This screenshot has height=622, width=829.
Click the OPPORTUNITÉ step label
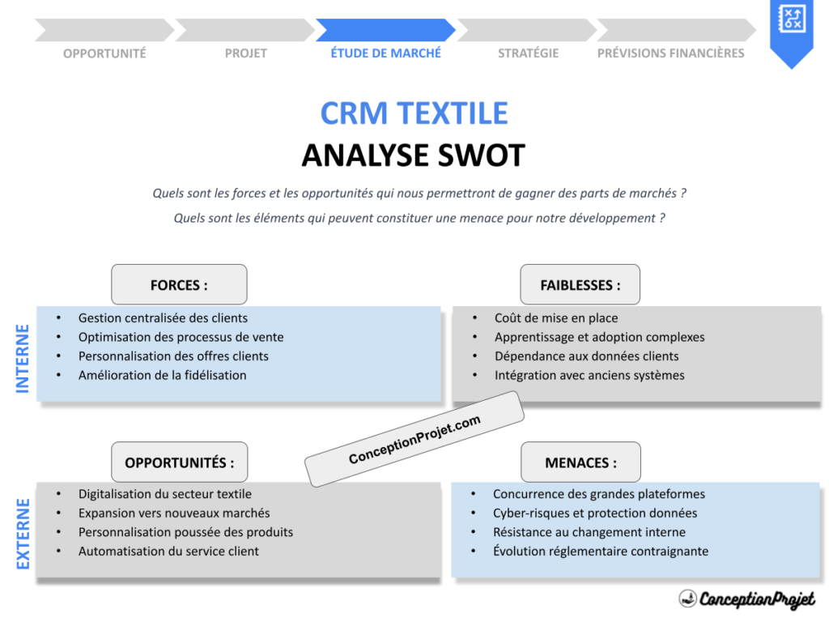pyautogui.click(x=104, y=53)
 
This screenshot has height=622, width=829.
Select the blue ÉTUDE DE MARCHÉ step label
pyautogui.click(x=386, y=53)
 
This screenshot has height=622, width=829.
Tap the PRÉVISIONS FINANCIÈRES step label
pyautogui.click(x=670, y=53)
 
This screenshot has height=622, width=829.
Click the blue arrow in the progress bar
pyautogui.click(x=385, y=31)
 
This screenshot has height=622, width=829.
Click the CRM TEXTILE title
pyautogui.click(x=414, y=113)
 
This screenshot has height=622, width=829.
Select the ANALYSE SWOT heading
pyautogui.click(x=414, y=155)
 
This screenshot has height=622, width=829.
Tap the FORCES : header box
pyautogui.click(x=179, y=285)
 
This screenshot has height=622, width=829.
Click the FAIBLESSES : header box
pyautogui.click(x=580, y=285)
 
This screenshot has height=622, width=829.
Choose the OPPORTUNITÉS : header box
pyautogui.click(x=179, y=462)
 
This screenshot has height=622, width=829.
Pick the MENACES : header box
pyautogui.click(x=580, y=462)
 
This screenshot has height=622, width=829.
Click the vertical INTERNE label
pyautogui.click(x=23, y=358)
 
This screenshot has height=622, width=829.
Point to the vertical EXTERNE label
pyautogui.click(x=23, y=534)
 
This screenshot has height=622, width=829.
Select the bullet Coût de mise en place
pyautogui.click(x=555, y=318)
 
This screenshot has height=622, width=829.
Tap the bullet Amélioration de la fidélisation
pyautogui.click(x=162, y=375)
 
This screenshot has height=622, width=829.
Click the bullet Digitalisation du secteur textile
pyautogui.click(x=164, y=494)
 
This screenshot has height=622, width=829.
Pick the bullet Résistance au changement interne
pyautogui.click(x=589, y=532)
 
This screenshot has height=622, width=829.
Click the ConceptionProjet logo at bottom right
pyautogui.click(x=746, y=599)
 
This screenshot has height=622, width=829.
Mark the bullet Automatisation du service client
pyautogui.click(x=168, y=552)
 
